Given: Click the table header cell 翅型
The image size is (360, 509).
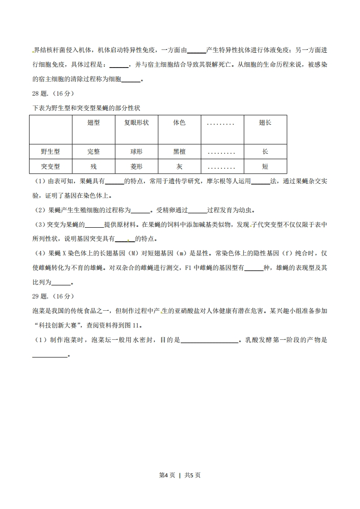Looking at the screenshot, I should [x=94, y=123].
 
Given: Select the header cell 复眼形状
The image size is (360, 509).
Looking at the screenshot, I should [x=136, y=123].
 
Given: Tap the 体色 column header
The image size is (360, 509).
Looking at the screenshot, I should [x=179, y=123].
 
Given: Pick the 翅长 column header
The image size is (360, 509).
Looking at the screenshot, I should [x=265, y=123].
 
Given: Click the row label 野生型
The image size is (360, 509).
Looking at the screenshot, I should [x=50, y=152].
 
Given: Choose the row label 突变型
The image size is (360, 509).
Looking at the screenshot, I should [x=50, y=166].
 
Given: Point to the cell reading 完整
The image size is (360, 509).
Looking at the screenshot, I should [x=94, y=152].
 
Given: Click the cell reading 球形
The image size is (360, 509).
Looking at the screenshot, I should [x=136, y=152].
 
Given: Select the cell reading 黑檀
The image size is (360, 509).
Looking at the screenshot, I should [x=179, y=152].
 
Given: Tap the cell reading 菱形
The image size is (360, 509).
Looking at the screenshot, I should [x=136, y=166].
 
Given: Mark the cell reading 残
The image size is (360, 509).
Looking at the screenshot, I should [x=94, y=166].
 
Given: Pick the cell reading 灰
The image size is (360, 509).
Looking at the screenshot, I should [x=179, y=166].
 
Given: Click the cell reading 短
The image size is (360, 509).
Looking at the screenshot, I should [x=265, y=166].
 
